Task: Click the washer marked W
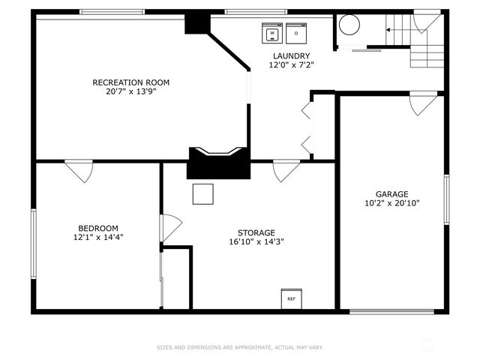(272, 33)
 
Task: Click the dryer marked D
(296, 33)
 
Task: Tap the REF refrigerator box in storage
(292, 298)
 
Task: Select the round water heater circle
(349, 25)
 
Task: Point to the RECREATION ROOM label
(131, 82)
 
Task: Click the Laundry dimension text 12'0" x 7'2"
(292, 65)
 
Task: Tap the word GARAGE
(391, 194)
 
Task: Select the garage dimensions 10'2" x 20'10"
(391, 203)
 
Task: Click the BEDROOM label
(98, 228)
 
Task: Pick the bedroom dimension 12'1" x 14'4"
(98, 237)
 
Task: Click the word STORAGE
(256, 232)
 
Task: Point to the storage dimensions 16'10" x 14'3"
(256, 241)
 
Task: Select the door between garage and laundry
(424, 103)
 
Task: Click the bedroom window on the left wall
(34, 244)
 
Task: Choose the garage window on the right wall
(447, 199)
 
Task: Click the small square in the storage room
(203, 194)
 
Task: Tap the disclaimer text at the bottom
(240, 347)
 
